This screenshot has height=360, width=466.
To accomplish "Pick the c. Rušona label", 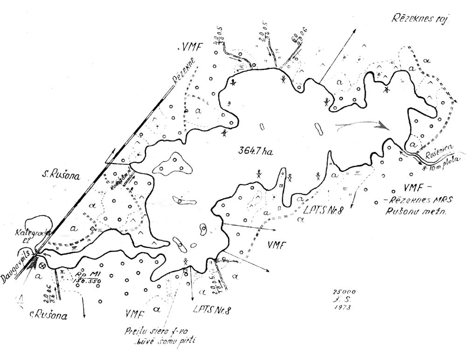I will pos(48,315).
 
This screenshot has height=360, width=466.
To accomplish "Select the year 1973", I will pos(343,307).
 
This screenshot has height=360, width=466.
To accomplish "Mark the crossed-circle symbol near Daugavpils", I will pos(43,266).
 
